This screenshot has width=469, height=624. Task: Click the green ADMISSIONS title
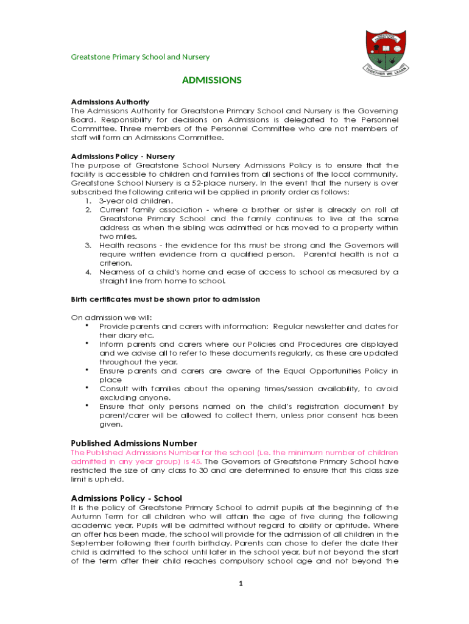coord(212,80)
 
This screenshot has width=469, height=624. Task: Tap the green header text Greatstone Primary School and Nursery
coord(140,57)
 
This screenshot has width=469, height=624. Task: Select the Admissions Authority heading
coord(110,102)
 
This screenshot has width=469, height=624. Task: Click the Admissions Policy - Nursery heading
coord(123,157)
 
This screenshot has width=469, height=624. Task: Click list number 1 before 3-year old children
coord(88,200)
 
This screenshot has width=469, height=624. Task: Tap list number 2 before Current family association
coord(88,210)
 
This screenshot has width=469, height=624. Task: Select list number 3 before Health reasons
coord(88,245)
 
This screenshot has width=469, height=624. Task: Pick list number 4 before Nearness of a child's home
coord(88,272)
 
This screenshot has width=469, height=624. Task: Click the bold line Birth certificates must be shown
coord(166,299)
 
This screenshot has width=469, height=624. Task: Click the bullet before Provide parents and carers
coord(88,325)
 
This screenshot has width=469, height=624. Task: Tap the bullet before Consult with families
coord(88,388)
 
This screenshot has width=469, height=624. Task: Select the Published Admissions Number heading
coord(134,443)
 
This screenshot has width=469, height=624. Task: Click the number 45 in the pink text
coord(195,461)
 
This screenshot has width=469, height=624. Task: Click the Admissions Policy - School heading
coord(127,498)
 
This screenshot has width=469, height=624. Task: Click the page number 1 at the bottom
coord(241,583)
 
